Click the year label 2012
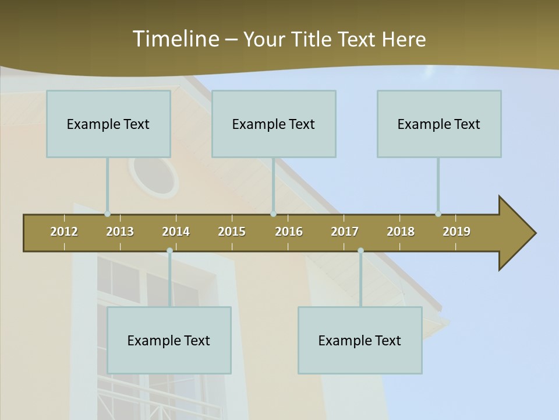pyautogui.click(x=64, y=232)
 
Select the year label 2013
pyautogui.click(x=120, y=232)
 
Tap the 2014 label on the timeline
pyautogui.click(x=176, y=232)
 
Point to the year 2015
pyautogui.click(x=232, y=232)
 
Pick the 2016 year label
pyautogui.click(x=289, y=232)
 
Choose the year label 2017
pyautogui.click(x=345, y=232)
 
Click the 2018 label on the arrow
pyautogui.click(x=401, y=232)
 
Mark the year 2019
pyautogui.click(x=457, y=232)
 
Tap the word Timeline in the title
pyautogui.click(x=175, y=39)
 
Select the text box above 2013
pyautogui.click(x=108, y=124)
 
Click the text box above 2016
pyautogui.click(x=274, y=124)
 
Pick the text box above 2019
pyautogui.click(x=439, y=124)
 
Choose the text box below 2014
pyautogui.click(x=169, y=340)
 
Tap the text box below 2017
pyautogui.click(x=360, y=340)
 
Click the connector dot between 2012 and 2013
pyautogui.click(x=108, y=214)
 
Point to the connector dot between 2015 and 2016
pyautogui.click(x=274, y=214)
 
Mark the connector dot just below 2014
pyautogui.click(x=169, y=251)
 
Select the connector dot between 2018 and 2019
pyautogui.click(x=438, y=214)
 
